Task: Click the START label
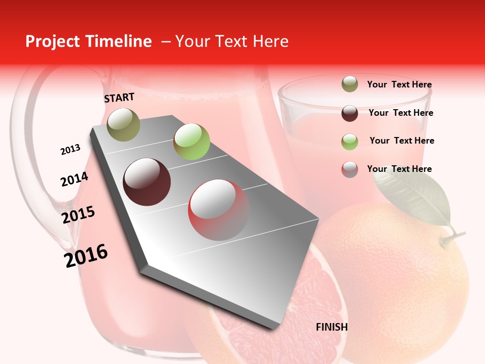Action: click(119, 98)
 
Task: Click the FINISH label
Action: click(331, 327)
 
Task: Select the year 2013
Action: click(71, 150)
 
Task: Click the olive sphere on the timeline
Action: click(124, 124)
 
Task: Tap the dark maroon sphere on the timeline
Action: click(147, 181)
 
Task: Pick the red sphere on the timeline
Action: click(219, 209)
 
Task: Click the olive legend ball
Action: click(350, 84)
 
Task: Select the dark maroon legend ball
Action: click(350, 113)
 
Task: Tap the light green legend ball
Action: click(350, 142)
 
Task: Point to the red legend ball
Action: click(350, 169)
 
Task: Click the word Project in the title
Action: click(53, 41)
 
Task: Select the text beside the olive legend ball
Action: click(399, 85)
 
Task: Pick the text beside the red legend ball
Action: click(399, 169)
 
